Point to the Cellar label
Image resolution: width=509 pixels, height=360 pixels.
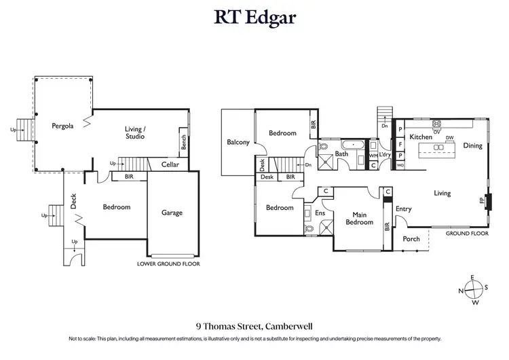click(170, 164)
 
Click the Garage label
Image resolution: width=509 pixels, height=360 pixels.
click(172, 213)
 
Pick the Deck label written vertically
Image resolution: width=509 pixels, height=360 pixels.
click(74, 200)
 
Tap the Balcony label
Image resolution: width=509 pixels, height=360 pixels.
click(238, 142)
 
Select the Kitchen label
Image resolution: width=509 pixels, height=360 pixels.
click(421, 137)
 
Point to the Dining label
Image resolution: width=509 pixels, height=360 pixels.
click(472, 145)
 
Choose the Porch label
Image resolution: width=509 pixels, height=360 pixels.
click(411, 239)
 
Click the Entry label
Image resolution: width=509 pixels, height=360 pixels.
click(403, 209)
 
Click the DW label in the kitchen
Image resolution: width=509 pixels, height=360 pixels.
click(449, 138)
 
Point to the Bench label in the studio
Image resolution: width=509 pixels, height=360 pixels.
click(183, 142)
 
